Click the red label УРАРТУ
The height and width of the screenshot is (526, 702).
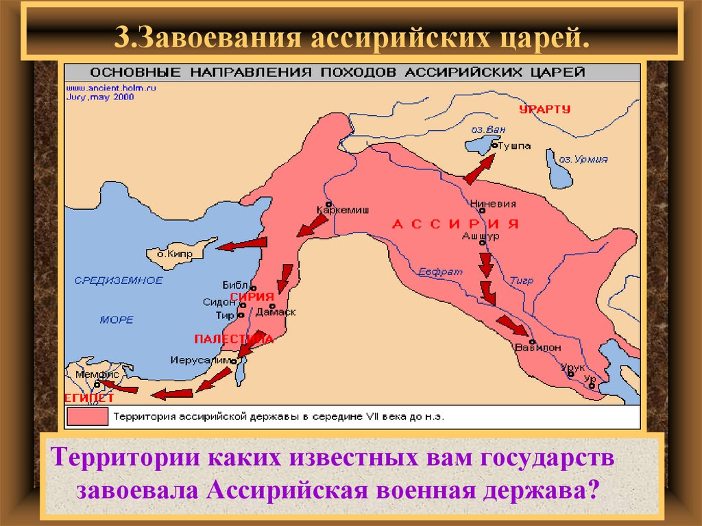click(x=544, y=109)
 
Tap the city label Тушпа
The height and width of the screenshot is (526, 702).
click(x=513, y=146)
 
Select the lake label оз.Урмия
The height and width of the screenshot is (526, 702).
click(x=583, y=158)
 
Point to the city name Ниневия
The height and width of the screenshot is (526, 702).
click(x=488, y=203)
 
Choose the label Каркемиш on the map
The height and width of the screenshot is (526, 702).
click(x=343, y=211)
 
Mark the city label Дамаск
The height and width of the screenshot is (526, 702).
click(x=280, y=312)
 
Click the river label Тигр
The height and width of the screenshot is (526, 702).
click(x=521, y=280)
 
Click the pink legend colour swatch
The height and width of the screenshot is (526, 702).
click(x=87, y=416)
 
